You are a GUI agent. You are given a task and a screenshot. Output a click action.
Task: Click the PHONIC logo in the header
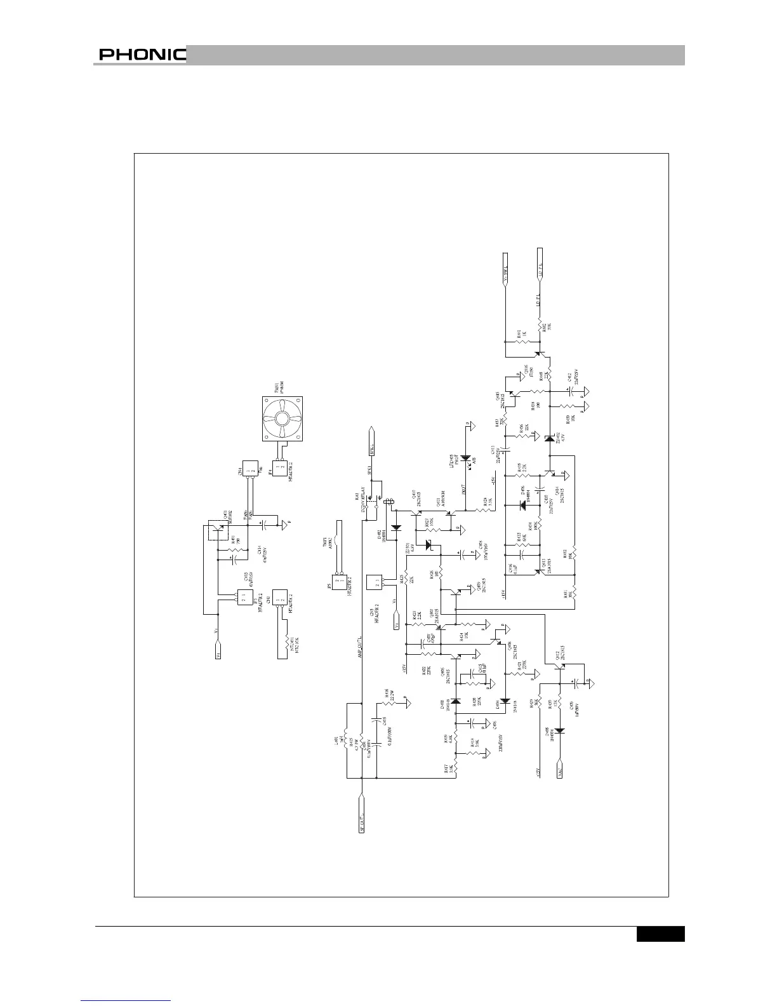pyautogui.click(x=142, y=55)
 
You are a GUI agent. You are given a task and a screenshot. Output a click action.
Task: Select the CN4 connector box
pyautogui.click(x=248, y=471)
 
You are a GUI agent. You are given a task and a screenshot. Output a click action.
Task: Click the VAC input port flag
pyautogui.click(x=560, y=767)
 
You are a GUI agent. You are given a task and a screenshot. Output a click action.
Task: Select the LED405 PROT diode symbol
pyautogui.click(x=466, y=458)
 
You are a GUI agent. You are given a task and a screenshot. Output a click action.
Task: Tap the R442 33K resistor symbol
pyautogui.click(x=541, y=326)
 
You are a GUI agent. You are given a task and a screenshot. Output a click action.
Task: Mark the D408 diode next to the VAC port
pyautogui.click(x=560, y=730)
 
